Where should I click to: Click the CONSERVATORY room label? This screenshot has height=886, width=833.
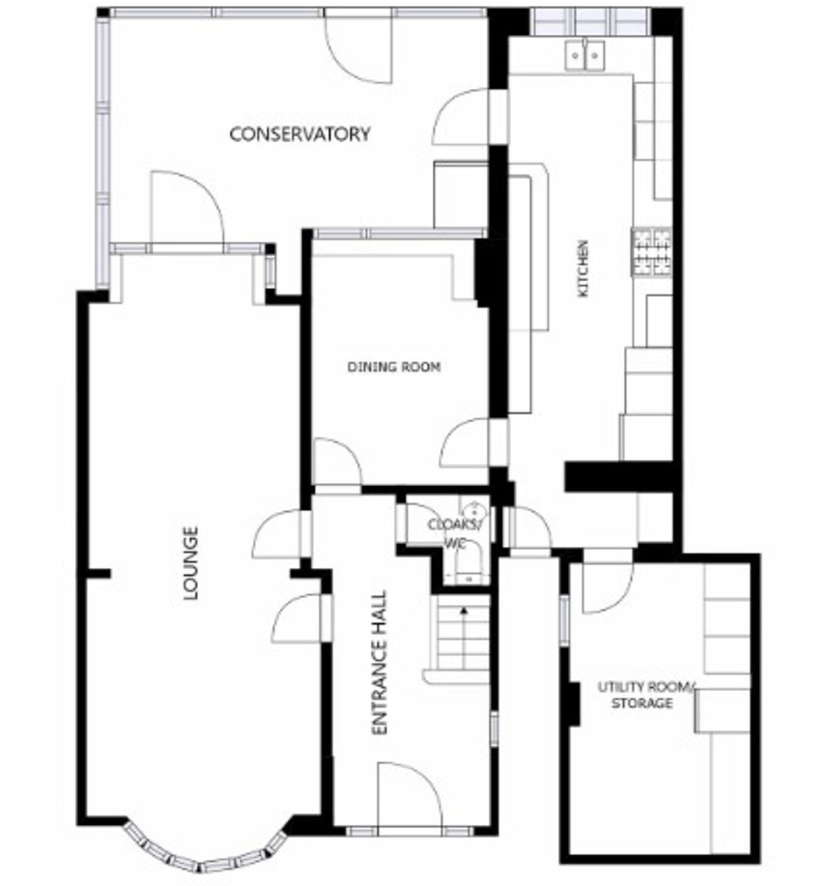click(299, 134)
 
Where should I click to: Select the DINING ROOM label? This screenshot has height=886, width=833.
click(394, 367)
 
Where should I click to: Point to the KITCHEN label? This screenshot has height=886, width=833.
click(583, 268)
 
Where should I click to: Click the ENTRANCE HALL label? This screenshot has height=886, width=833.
click(379, 662)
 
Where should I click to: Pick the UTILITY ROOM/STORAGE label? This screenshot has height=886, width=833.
click(644, 695)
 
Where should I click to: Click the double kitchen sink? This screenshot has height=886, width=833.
click(585, 55)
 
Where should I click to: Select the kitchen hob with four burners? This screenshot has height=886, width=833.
click(651, 251)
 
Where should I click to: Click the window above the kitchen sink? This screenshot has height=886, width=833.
click(592, 21)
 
